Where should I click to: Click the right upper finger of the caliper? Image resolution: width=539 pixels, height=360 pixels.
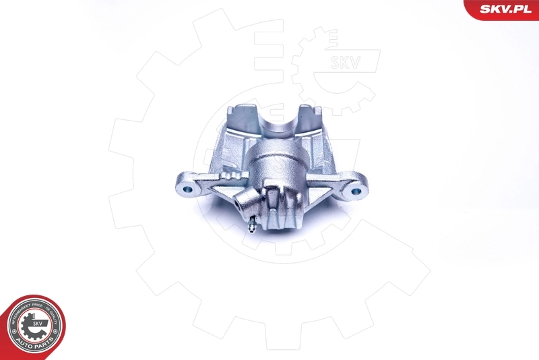(311, 115)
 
